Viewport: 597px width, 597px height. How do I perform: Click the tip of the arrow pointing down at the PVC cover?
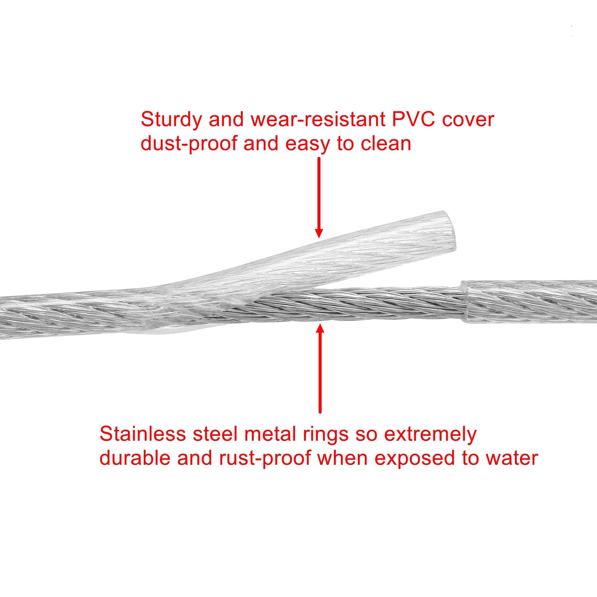319,238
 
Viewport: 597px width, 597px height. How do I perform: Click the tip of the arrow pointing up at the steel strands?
320,324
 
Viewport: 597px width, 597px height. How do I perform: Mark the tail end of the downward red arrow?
319,158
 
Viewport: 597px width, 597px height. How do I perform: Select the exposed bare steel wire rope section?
355,304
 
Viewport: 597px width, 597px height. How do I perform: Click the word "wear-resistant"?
318,119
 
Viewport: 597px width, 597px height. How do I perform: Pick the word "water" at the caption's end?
512,458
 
